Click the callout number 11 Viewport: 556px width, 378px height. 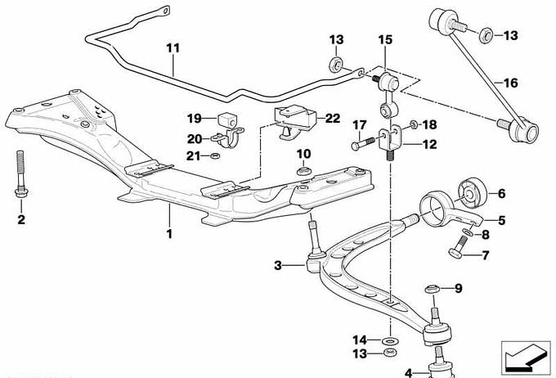[173, 47]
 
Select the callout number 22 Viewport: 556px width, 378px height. [331, 118]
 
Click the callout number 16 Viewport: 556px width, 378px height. [510, 83]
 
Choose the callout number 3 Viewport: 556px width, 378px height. [278, 265]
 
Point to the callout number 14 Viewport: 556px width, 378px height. [359, 340]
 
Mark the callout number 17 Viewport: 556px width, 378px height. [357, 125]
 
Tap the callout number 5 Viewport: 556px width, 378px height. [502, 220]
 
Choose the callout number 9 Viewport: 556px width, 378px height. [458, 288]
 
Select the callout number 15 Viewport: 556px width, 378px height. [385, 39]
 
